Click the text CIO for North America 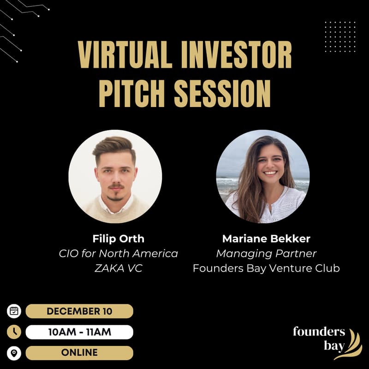coord(118,254)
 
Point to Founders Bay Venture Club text coord(266,268)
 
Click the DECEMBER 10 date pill coord(79,311)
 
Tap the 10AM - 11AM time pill coord(79,332)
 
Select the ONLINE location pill coord(79,352)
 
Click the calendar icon coord(14,311)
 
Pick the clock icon coord(14,332)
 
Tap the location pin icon coord(14,353)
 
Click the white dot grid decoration coord(339,36)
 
